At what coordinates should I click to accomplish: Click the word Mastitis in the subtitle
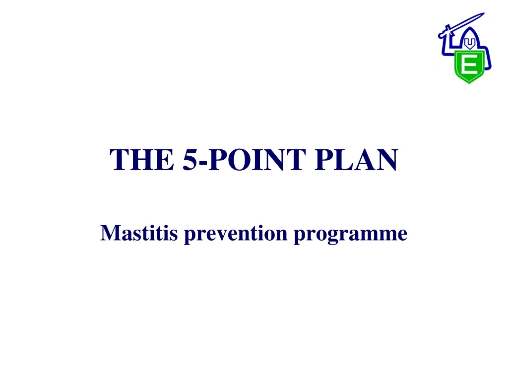pyautogui.click(x=138, y=232)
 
